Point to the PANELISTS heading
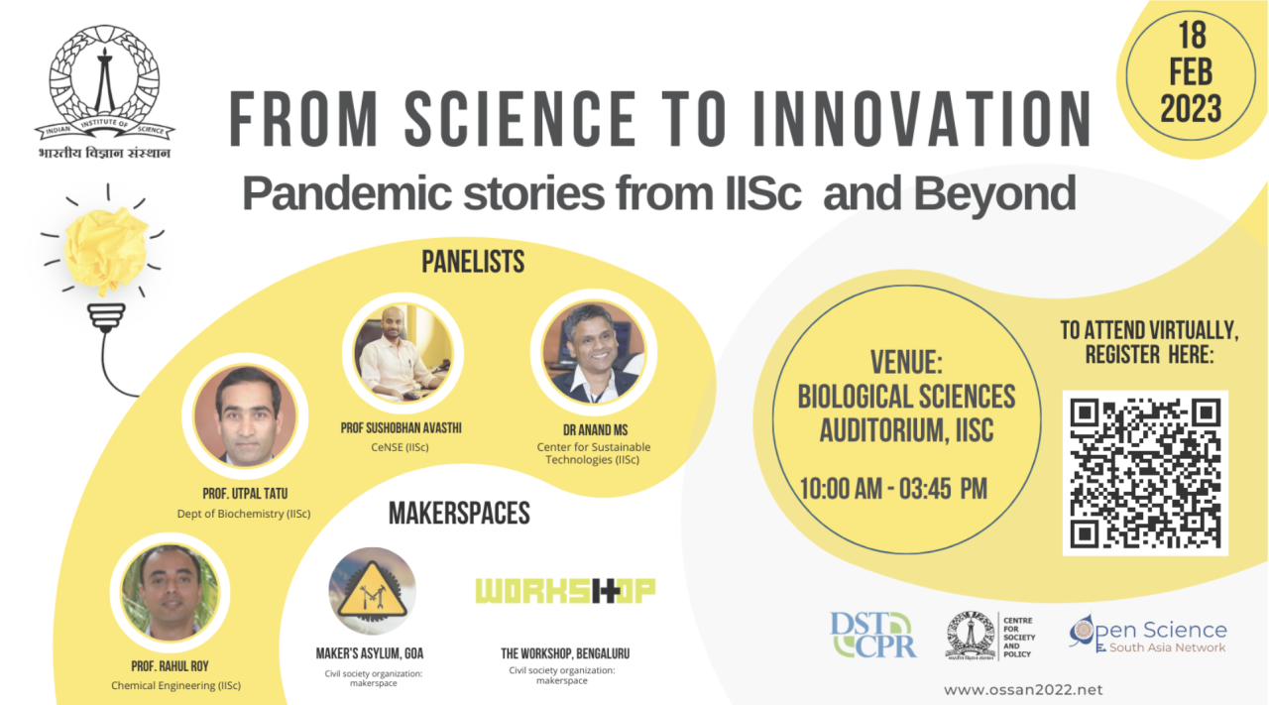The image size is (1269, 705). [x=473, y=262]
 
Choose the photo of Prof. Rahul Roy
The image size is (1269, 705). [x=170, y=592]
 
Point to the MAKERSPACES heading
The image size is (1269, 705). [x=459, y=514]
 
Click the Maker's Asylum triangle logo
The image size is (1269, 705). [x=373, y=592]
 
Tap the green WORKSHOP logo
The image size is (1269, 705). [x=565, y=591]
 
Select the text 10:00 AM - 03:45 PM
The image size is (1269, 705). [x=894, y=489]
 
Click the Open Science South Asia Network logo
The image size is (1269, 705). [x=1148, y=636]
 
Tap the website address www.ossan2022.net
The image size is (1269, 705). [x=1022, y=689]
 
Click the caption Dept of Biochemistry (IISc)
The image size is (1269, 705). [x=244, y=514]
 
